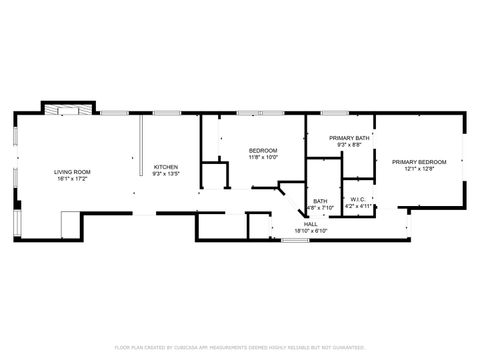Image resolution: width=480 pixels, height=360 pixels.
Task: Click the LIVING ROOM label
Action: [x=72, y=172]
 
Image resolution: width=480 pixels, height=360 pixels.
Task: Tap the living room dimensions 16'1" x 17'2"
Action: [x=72, y=179]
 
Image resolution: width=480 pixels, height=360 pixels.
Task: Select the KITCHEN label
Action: [x=165, y=166]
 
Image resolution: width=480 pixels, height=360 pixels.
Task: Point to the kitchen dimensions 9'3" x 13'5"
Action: [x=165, y=173]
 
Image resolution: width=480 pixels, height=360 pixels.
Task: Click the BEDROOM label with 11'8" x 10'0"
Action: [x=263, y=150]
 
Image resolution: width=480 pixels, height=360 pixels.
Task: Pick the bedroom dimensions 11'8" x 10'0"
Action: [x=263, y=157]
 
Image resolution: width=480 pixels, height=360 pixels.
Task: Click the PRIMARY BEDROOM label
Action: [x=418, y=162]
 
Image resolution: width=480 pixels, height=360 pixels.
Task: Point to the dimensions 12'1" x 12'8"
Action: [x=418, y=169]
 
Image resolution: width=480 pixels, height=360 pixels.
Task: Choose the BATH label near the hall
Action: [x=320, y=201]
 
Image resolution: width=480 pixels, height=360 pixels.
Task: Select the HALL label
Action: [x=311, y=224]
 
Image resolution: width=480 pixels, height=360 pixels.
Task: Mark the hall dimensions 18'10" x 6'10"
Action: [x=311, y=231]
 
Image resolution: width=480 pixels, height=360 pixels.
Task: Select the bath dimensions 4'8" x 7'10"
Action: [x=320, y=208]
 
